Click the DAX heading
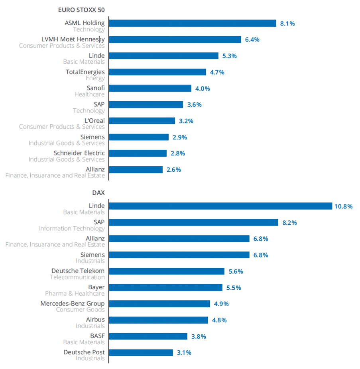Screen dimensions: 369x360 point(98,192)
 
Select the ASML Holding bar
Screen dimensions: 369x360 point(192,23)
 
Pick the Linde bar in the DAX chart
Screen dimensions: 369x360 point(220,206)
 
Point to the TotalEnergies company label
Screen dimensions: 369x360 point(85,72)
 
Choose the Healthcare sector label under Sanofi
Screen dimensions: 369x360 point(89,94)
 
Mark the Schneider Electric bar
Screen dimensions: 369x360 point(138,153)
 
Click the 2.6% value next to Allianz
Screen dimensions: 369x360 point(173,170)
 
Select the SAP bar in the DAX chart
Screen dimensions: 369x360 point(193,222)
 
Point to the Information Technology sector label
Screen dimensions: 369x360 point(72,228)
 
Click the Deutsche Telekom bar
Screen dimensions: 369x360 point(166,271)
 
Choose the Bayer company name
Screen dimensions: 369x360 point(96,287)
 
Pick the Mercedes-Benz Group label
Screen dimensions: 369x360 point(72,304)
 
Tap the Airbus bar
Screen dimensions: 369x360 point(158,320)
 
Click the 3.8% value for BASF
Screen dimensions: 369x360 point(199,336)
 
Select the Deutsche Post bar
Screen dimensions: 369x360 point(140,353)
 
